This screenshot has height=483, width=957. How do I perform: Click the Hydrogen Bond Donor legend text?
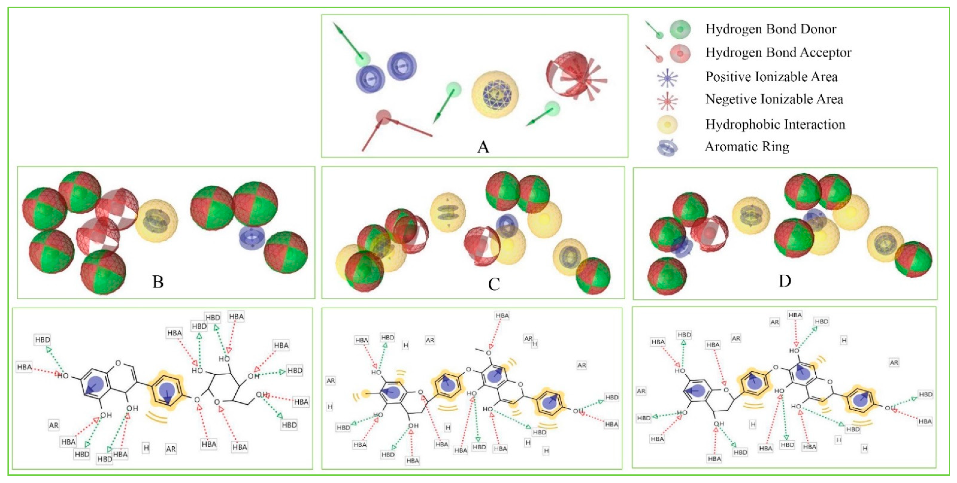771,29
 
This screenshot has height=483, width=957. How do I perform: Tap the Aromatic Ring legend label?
747,147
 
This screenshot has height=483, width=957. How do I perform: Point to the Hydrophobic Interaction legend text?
775,124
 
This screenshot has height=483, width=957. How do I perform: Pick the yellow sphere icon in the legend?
667,124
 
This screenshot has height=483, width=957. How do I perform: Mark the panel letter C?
494,285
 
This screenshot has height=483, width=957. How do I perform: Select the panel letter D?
785,281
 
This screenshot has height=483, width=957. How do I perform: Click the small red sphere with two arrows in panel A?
383,117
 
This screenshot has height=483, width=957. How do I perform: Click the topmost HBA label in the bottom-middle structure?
502,316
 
